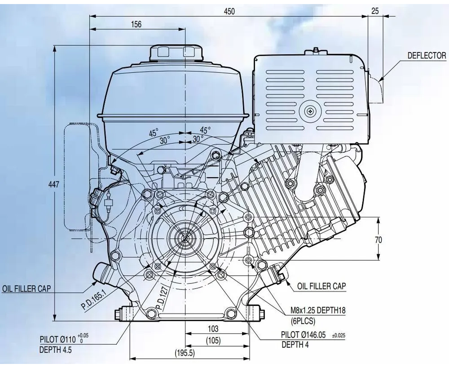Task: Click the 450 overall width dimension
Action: (x=229, y=11)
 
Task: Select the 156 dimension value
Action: (x=136, y=25)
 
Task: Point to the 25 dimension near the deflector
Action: (x=375, y=11)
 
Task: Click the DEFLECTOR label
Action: (x=427, y=56)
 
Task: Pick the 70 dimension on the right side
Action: (x=379, y=240)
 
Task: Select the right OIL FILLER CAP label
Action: (x=321, y=286)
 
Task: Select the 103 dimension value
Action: (x=213, y=329)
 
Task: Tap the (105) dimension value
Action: (x=213, y=341)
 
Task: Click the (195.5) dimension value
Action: (x=185, y=353)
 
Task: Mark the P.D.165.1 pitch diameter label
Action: (x=93, y=299)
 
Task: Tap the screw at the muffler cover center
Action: (x=311, y=111)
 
